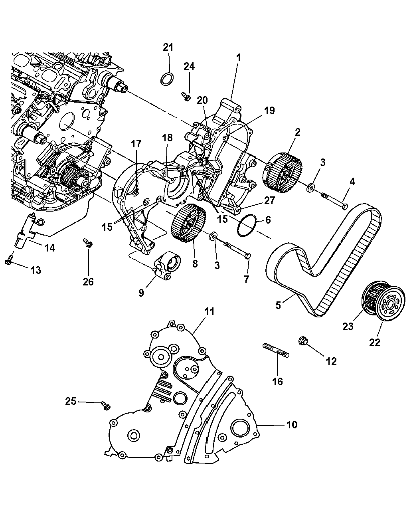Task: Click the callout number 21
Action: click(168, 47)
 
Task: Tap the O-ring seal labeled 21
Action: click(167, 79)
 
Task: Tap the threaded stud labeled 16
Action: click(276, 350)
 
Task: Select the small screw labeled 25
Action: click(106, 406)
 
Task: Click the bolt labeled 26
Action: click(87, 242)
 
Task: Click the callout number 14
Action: click(49, 248)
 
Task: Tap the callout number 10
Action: click(292, 425)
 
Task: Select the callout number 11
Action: click(209, 312)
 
